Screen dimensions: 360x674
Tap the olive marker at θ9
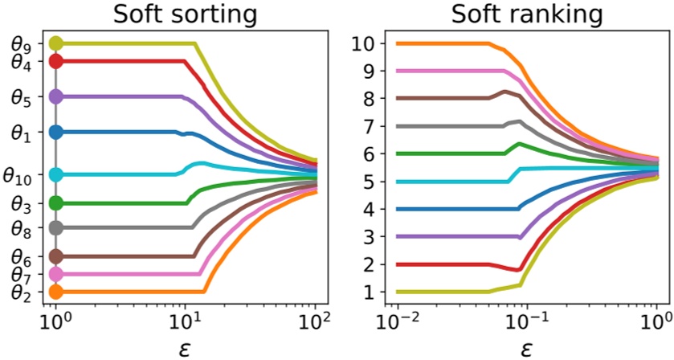point(55,43)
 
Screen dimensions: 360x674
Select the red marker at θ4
point(55,61)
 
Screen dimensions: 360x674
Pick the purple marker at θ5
point(55,96)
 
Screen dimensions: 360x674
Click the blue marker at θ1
point(55,132)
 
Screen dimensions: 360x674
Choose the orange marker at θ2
point(55,292)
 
